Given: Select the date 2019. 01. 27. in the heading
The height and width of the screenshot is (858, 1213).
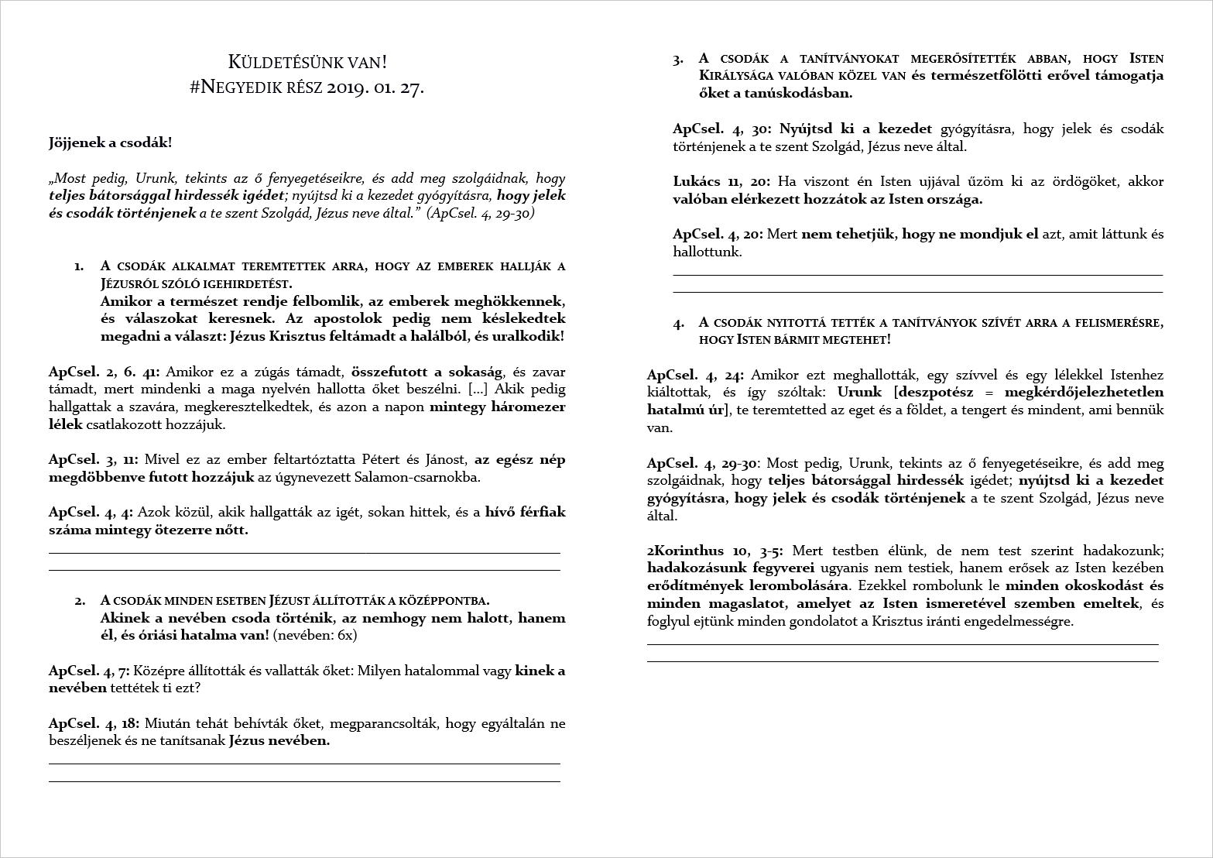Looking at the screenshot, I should tap(375, 88).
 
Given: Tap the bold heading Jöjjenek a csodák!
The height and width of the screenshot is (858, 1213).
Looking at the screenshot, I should tap(111, 143).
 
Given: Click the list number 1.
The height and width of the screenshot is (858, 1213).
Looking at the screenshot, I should tap(79, 266).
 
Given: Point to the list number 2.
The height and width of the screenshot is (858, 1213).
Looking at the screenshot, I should tap(80, 600).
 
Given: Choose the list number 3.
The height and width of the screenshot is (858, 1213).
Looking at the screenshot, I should tap(678, 59).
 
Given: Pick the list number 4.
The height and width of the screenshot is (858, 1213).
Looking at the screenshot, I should tap(678, 322).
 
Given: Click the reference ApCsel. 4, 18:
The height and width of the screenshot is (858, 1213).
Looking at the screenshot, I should tap(94, 723).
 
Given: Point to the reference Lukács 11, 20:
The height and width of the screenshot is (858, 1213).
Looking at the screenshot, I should tap(721, 182).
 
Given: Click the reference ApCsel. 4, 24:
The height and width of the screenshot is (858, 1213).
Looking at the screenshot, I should tap(696, 376).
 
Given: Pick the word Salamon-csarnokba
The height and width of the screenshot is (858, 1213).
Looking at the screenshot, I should tap(425, 477).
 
